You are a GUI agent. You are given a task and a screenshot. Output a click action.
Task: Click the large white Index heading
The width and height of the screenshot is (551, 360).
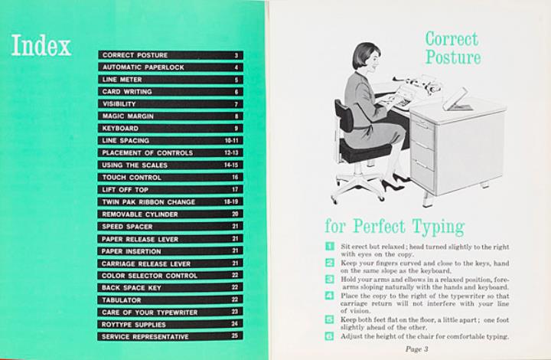[x=41, y=45]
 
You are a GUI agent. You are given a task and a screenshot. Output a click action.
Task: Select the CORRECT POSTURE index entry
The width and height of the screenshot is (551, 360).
[x=135, y=55]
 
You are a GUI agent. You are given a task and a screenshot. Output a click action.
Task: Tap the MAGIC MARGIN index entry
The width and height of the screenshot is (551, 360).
[x=128, y=116]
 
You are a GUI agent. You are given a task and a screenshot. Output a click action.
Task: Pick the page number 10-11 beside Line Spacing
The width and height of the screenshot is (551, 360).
[x=232, y=141]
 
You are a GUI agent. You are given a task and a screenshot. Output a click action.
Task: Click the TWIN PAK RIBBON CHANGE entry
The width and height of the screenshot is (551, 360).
[x=148, y=201]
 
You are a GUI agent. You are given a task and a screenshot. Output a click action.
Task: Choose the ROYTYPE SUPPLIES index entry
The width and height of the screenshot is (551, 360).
[x=133, y=325]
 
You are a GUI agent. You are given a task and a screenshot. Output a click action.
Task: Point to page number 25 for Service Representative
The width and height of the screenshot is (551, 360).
[x=235, y=335]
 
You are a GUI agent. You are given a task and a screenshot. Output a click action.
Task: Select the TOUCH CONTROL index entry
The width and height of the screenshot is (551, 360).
[x=132, y=178]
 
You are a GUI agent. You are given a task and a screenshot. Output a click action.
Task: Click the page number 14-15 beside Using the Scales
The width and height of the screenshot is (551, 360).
[x=231, y=165]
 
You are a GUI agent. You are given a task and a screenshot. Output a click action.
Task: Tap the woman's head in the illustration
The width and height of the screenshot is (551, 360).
[x=366, y=60]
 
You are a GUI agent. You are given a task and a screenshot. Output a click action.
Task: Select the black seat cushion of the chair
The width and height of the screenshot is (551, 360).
[x=365, y=150]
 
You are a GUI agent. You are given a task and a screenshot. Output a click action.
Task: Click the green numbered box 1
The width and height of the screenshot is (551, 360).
[x=330, y=246]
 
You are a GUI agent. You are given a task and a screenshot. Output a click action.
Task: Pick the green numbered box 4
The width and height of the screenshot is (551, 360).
[x=330, y=296]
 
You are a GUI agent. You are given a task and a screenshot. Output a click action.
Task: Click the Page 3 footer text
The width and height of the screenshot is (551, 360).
[x=417, y=349]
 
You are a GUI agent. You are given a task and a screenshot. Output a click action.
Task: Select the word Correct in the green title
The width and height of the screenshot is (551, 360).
[x=452, y=39]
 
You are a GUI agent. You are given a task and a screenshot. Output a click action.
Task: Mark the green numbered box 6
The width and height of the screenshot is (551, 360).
[x=330, y=336]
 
